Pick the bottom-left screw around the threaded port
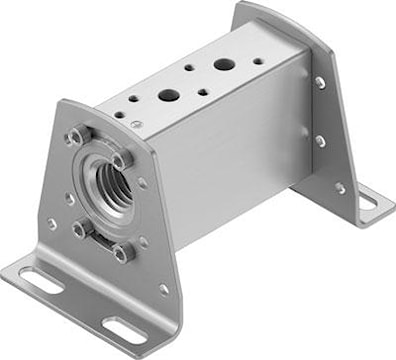pos(80,229)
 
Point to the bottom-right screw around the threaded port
pos(124,253)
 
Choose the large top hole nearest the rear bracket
pos(224,65)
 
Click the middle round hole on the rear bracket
pos(320,141)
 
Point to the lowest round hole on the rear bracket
pos(340,187)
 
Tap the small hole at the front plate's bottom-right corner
pos(163,289)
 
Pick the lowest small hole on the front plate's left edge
pos(52,224)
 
